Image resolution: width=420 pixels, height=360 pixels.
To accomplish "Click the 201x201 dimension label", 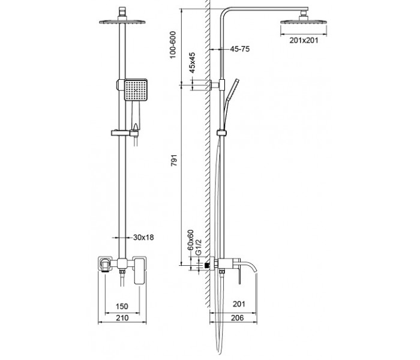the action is click(x=304, y=40).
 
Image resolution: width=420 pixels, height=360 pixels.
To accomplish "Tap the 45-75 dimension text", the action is click(x=240, y=49).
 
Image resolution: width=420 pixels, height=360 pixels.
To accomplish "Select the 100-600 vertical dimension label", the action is click(x=173, y=45).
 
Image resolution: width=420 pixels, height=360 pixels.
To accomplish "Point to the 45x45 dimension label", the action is click(x=192, y=62).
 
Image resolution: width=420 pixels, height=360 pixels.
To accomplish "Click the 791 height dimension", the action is click(x=174, y=160).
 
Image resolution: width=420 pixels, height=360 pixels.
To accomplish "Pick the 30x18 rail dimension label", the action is click(x=143, y=238).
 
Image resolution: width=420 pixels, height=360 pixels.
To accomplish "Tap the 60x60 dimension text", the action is click(x=190, y=240).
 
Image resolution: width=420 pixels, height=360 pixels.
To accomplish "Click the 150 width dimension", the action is click(x=122, y=306).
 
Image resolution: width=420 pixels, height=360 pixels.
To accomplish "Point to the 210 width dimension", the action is click(x=122, y=318).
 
